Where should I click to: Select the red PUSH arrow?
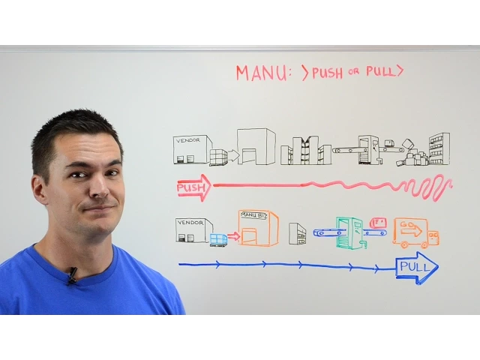tap(193, 187)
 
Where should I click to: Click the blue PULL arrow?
tap(416, 267)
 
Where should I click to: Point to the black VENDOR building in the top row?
tap(191, 149)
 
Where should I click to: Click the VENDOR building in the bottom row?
tap(193, 229)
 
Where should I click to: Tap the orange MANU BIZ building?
tap(257, 228)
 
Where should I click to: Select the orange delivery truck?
tap(415, 232)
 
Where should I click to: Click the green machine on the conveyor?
tap(349, 232)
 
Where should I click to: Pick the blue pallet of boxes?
tap(218, 239)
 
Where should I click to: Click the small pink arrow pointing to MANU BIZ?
tap(233, 236)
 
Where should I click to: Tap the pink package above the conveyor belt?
tap(379, 222)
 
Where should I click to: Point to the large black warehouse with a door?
tap(256, 147)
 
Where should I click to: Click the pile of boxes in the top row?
tap(413, 156)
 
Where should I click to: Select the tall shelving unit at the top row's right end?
tap(439, 148)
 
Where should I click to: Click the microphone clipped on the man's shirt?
tap(72, 275)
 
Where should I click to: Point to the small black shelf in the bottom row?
tap(297, 234)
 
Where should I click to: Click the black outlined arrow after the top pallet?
tap(233, 156)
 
